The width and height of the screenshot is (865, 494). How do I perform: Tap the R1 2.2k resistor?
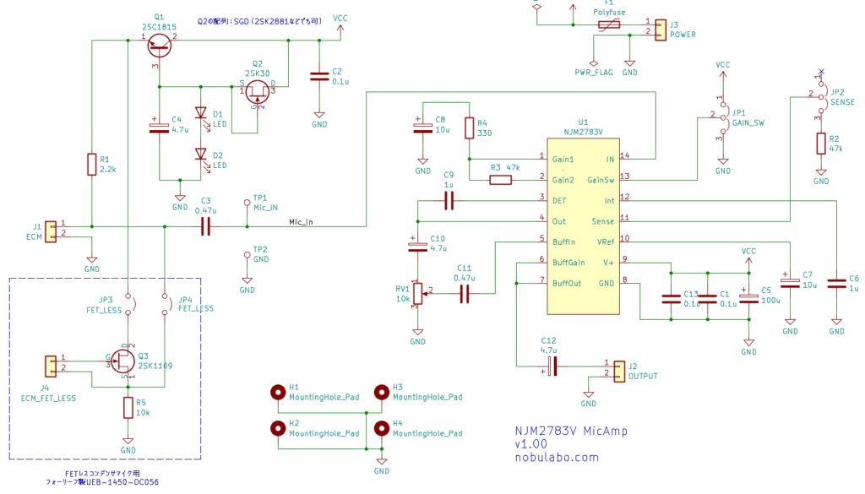pos(91,164)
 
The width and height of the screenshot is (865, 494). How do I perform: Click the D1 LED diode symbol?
pos(201,113)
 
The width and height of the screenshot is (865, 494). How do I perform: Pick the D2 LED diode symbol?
pos(201,155)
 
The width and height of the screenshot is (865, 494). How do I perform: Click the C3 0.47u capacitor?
pos(205,226)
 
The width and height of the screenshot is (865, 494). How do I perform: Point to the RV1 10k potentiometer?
pos(417,293)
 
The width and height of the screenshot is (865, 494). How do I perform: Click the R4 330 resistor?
pos(469,128)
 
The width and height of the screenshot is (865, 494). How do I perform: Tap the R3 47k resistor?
pos(501,179)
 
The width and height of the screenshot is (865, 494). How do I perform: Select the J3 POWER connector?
pos(660,28)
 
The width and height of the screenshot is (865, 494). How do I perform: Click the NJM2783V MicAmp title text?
pos(571,431)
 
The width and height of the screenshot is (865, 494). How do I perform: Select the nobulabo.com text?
pos(557,457)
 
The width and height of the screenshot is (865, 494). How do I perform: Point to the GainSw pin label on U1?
pos(601,179)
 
